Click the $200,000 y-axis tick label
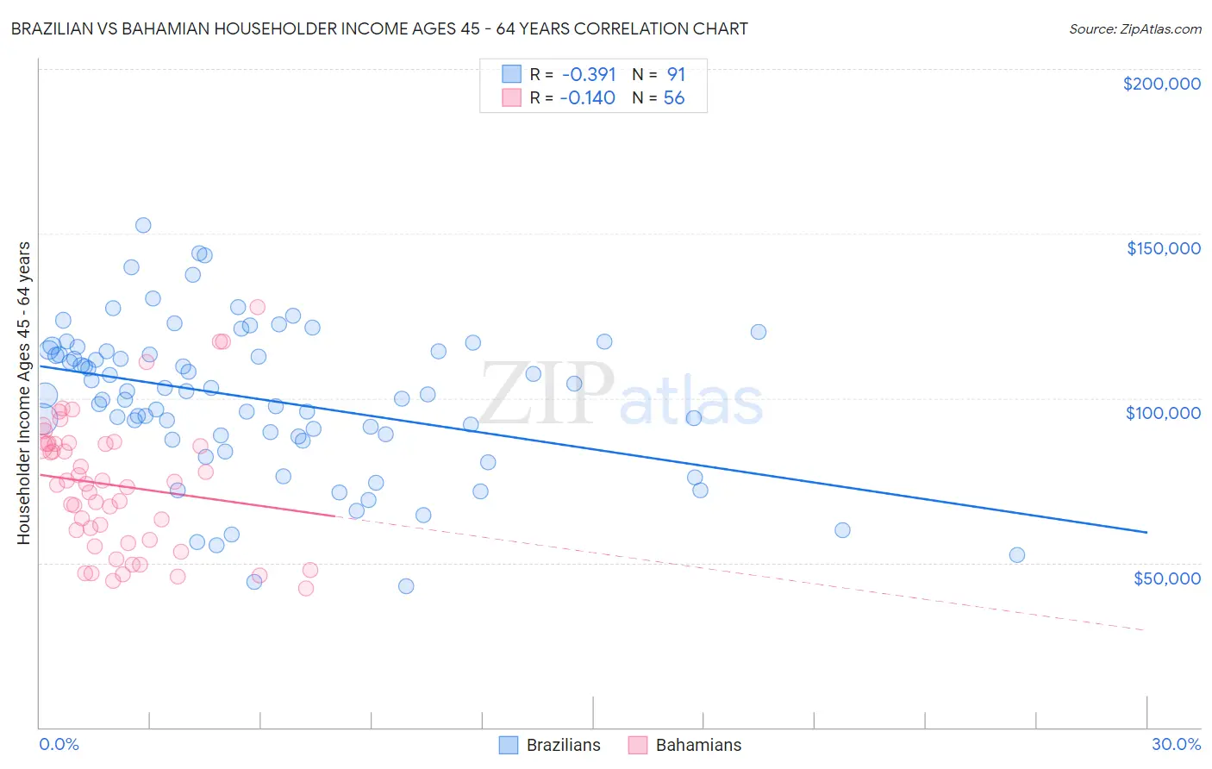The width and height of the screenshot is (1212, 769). (1161, 84)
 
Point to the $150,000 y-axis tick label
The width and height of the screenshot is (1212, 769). (1163, 248)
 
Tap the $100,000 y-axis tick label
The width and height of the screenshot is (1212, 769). (1163, 413)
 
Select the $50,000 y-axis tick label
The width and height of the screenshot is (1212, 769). (1166, 578)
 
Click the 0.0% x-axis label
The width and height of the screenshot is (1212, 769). (59, 744)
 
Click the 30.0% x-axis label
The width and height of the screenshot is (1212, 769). (1176, 744)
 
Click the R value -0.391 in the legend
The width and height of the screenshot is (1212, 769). (587, 74)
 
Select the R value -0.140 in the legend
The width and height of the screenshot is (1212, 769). (587, 98)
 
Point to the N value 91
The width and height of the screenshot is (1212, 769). (676, 74)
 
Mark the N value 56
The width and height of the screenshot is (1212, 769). (674, 98)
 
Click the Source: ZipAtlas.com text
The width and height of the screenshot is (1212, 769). (1134, 28)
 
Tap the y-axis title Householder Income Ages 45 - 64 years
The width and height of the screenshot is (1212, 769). (23, 393)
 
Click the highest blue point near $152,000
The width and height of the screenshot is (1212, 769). (143, 225)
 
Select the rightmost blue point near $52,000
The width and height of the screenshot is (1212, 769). (1017, 555)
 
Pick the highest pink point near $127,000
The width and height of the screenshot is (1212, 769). (257, 307)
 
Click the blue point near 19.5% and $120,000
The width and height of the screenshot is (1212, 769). (759, 332)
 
